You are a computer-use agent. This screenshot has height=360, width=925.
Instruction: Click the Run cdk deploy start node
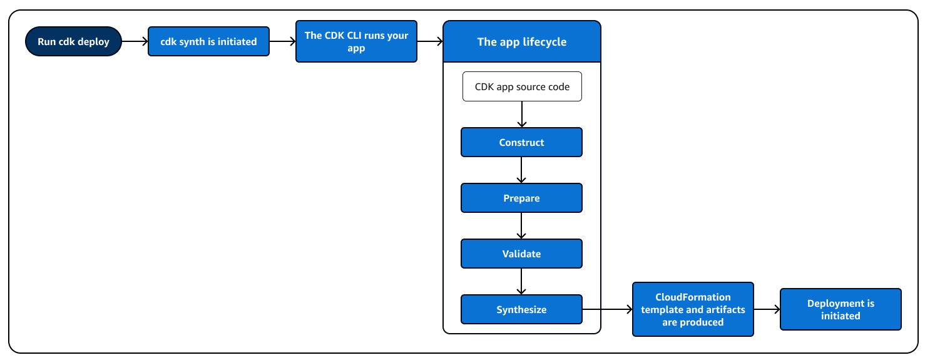click(73, 41)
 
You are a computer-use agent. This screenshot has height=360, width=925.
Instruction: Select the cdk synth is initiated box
click(208, 41)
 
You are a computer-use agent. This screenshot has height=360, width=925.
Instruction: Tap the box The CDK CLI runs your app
click(356, 41)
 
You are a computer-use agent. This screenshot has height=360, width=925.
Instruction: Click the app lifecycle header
click(521, 42)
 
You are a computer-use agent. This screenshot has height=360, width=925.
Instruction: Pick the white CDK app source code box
click(522, 86)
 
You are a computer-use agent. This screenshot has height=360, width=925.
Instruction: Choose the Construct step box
click(521, 142)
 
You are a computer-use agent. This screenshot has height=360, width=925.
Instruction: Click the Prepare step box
click(521, 198)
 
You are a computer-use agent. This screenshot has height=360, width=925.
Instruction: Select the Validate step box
click(521, 254)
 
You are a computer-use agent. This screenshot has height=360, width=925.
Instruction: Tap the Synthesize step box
click(521, 309)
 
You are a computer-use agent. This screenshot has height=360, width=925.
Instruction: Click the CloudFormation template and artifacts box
click(693, 309)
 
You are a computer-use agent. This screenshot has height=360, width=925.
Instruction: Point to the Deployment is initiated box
click(841, 309)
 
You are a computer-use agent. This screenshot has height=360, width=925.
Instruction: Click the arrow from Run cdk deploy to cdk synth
click(135, 41)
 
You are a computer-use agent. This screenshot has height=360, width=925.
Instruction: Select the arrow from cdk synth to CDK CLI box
click(282, 41)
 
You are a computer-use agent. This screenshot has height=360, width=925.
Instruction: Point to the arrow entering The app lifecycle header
click(430, 41)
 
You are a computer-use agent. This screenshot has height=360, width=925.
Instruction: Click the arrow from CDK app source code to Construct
click(521, 115)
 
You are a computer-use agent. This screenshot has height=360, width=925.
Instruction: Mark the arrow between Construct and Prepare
click(521, 170)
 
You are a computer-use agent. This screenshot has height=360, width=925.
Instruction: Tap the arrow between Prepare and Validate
click(521, 225)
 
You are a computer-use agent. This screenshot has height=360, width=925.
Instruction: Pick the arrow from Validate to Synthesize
click(521, 281)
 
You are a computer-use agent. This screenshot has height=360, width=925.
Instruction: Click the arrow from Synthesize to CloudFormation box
click(607, 309)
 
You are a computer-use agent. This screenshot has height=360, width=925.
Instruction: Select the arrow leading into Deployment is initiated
click(767, 309)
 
